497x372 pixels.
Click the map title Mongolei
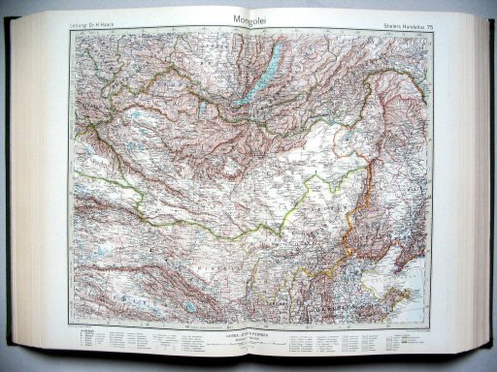[248, 17]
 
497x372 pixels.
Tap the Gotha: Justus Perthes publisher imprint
[249, 336]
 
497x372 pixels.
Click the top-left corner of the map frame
[70, 28]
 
